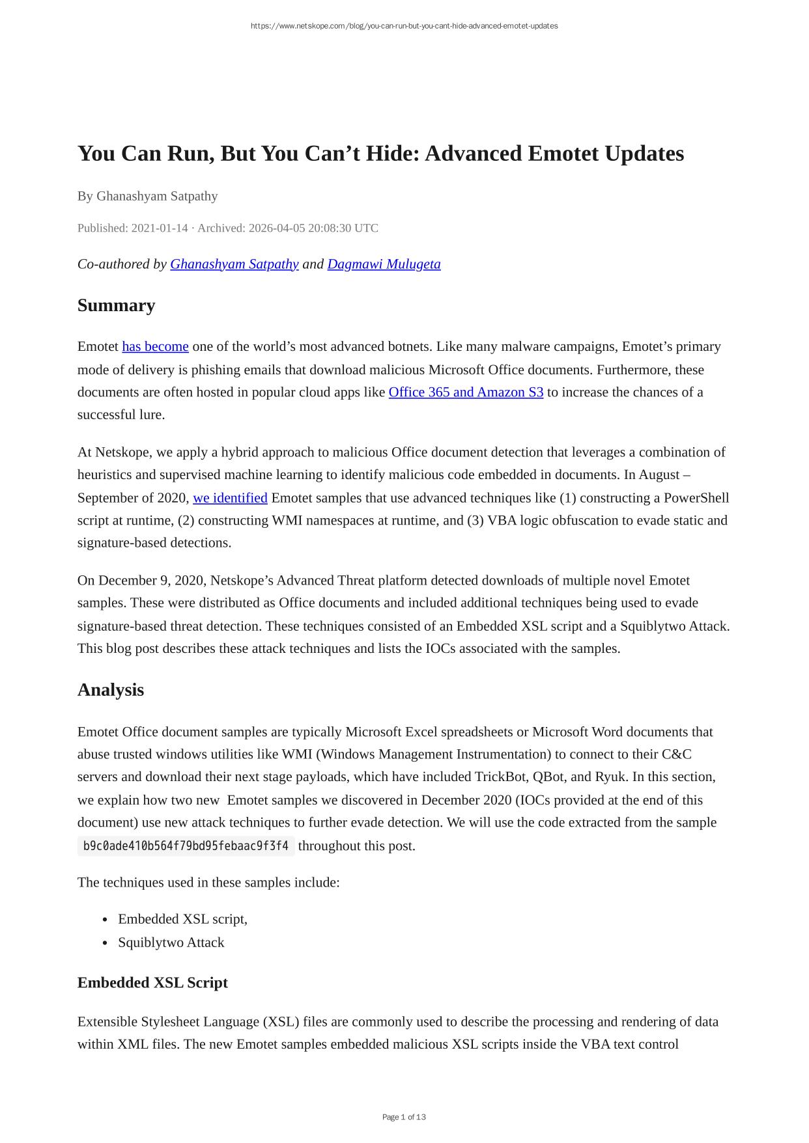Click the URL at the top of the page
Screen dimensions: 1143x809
pyautogui.click(x=404, y=26)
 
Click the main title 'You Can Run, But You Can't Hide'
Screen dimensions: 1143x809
pyautogui.click(x=380, y=154)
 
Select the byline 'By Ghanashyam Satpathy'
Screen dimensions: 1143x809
pyautogui.click(x=147, y=196)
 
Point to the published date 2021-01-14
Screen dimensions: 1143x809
pyautogui.click(x=159, y=228)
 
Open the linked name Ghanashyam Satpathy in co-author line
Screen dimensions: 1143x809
pyautogui.click(x=234, y=264)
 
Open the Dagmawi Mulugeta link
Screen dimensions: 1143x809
pyautogui.click(x=384, y=264)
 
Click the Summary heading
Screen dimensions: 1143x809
pyautogui.click(x=116, y=305)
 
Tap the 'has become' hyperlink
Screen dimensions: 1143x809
pyautogui.click(x=155, y=346)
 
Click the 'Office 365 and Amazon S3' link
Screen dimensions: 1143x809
pyautogui.click(x=466, y=392)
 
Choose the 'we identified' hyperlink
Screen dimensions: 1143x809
pyautogui.click(x=230, y=498)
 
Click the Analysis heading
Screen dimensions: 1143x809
pyautogui.click(x=111, y=690)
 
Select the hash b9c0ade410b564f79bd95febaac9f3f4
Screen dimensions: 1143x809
pyautogui.click(x=186, y=846)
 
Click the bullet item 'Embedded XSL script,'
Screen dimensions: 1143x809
pyautogui.click(x=182, y=919)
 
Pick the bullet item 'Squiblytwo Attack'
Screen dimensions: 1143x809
pyautogui.click(x=171, y=943)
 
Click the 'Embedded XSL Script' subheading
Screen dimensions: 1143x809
pyautogui.click(x=152, y=983)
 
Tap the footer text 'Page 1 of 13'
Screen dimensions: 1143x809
pyautogui.click(x=404, y=1117)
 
